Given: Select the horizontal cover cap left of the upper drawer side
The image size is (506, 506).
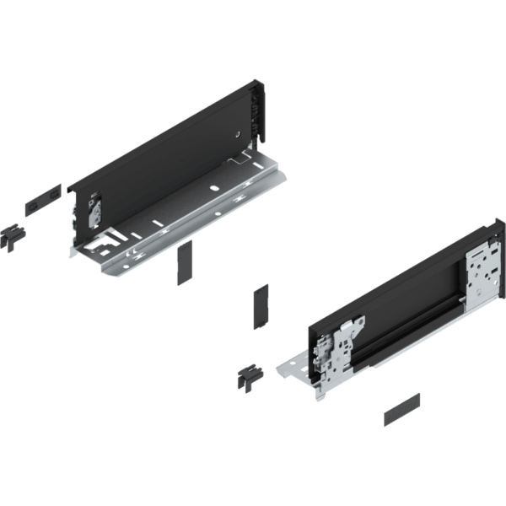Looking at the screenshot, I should (x=40, y=199).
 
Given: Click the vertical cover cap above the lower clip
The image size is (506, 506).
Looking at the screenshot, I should (x=261, y=304).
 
